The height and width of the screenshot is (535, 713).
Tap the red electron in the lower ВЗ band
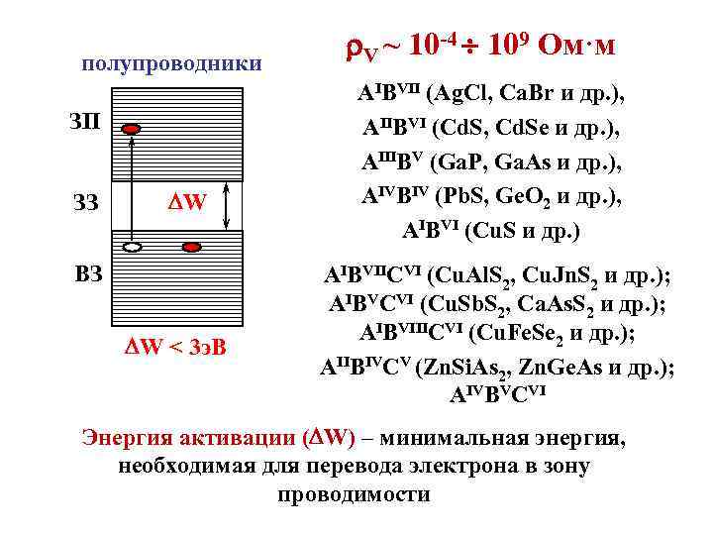[x=193, y=246]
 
